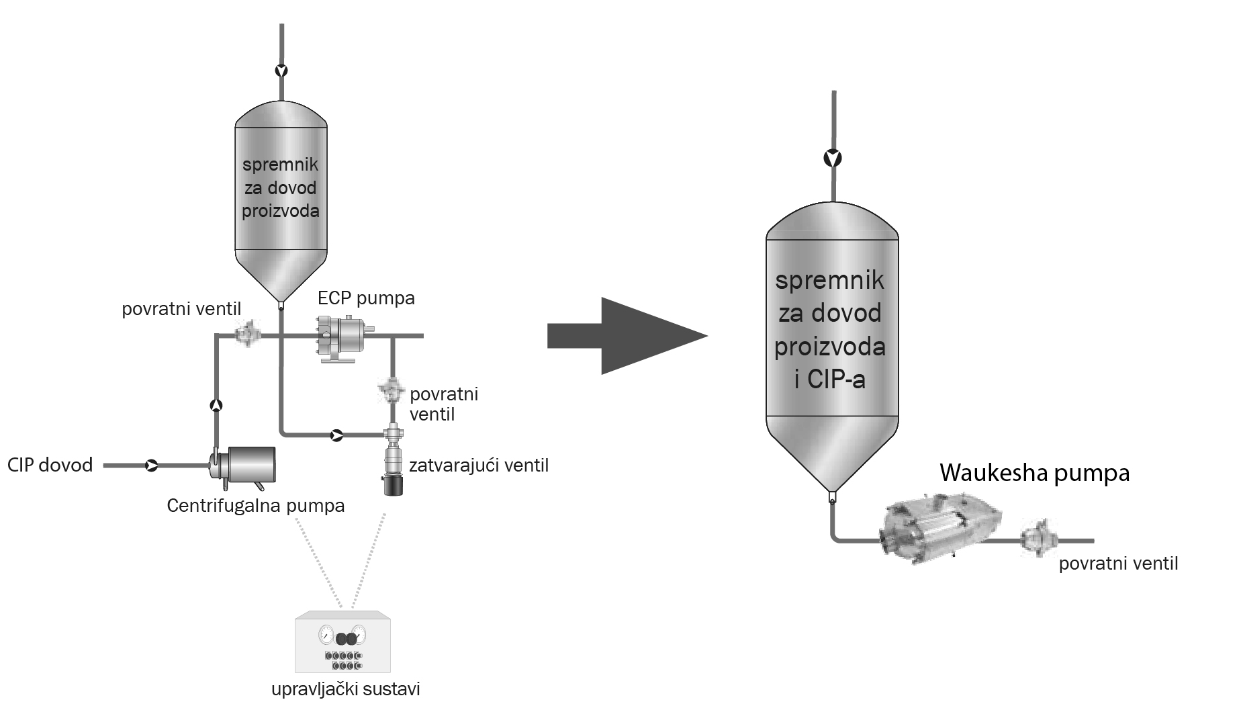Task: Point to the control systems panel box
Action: tap(342, 642)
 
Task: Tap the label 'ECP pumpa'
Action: tap(366, 298)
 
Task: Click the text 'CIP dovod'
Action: tap(50, 465)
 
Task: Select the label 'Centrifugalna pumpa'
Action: tap(255, 505)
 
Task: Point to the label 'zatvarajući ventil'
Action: tap(479, 465)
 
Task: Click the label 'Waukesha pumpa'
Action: tap(1034, 473)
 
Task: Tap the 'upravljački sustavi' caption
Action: tap(345, 690)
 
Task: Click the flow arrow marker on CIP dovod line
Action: tap(151, 465)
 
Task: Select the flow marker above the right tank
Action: tap(833, 159)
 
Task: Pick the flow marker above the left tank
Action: tap(281, 71)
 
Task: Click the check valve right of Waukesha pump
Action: tap(1036, 539)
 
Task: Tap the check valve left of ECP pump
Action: tap(247, 333)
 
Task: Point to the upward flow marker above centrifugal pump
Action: tap(216, 405)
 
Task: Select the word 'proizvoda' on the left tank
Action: tap(281, 211)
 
